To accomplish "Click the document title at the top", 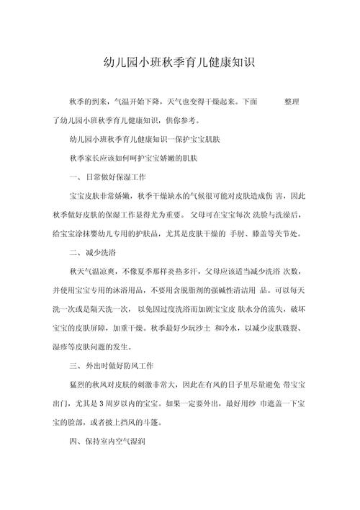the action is click(x=180, y=63).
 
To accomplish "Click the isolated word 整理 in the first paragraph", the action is click(x=295, y=102).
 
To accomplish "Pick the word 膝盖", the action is click(x=278, y=233).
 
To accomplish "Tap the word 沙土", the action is click(x=214, y=326).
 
